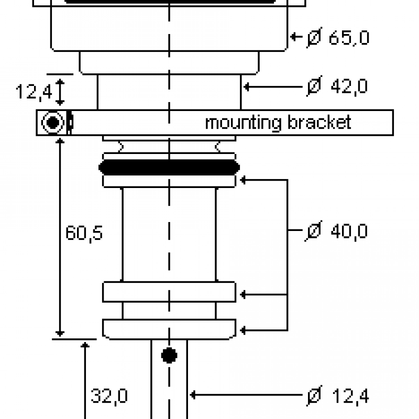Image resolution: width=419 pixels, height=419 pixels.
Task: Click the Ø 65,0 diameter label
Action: pos(338,38)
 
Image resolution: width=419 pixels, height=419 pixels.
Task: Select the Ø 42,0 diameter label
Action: pos(337,86)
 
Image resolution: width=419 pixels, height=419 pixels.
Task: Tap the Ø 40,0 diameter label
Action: pos(337,231)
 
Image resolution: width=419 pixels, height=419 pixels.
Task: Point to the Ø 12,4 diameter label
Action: pos(337,396)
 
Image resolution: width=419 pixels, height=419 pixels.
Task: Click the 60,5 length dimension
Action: pos(84,233)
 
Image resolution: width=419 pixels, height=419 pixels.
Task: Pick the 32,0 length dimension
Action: pos(109,396)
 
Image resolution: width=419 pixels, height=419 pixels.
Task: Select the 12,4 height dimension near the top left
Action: pos(34,92)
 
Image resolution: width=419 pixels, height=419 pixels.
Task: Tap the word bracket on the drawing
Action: pos(319,123)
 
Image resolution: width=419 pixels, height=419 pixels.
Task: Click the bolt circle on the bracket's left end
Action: pos(53,123)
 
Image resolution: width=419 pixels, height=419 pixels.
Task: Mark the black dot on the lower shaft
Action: pos(169,356)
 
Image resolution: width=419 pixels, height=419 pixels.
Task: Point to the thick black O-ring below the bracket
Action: pos(169,168)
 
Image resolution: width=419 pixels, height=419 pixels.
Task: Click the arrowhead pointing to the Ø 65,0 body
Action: pos(294,37)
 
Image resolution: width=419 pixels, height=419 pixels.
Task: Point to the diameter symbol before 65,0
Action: pos(314,38)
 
